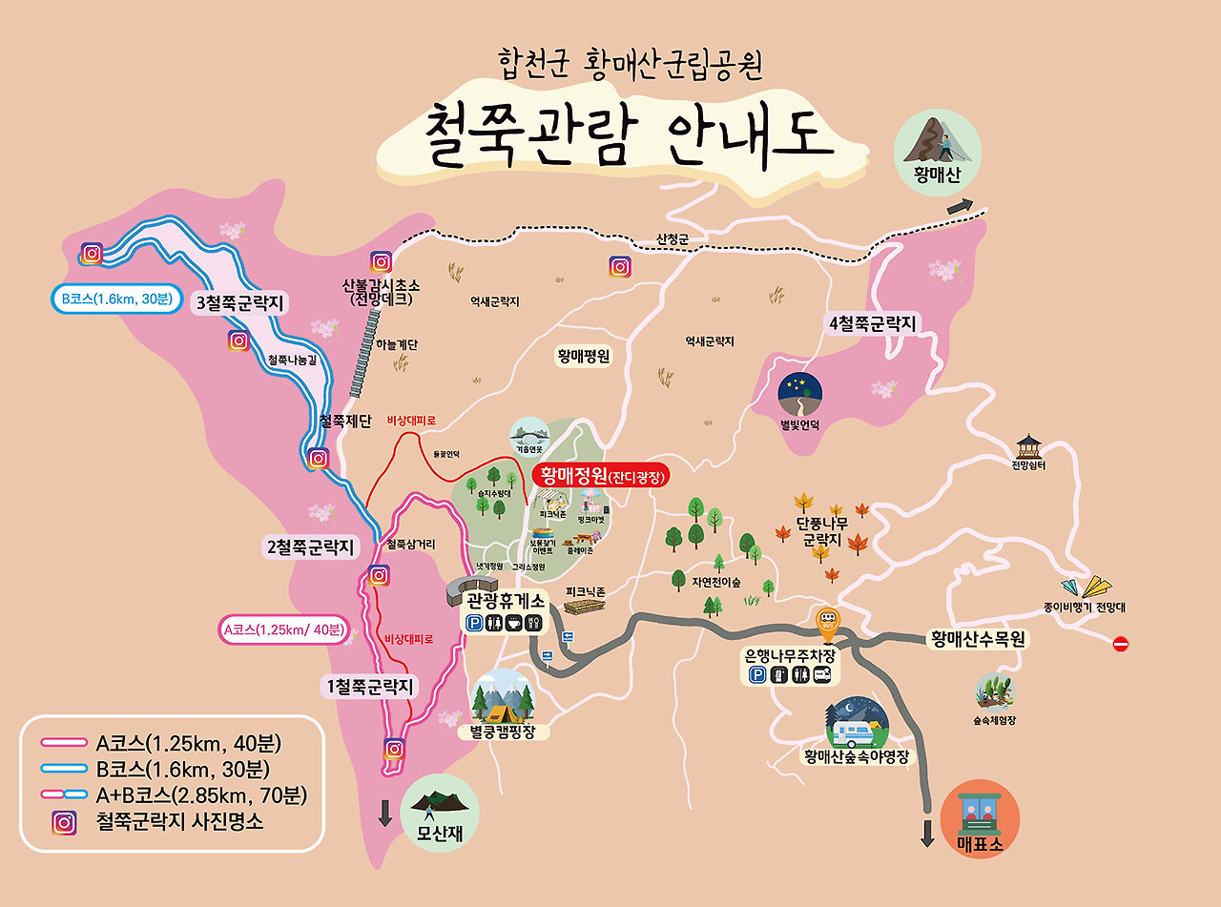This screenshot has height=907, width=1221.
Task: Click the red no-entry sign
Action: (x=1121, y=645)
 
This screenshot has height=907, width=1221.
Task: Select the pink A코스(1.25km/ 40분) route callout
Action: (x=283, y=630)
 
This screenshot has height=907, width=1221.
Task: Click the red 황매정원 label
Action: (x=602, y=475)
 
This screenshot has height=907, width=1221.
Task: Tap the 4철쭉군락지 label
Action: (x=872, y=324)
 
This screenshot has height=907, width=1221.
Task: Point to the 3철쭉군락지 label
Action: (x=241, y=303)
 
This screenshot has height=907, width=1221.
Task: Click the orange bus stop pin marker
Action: (x=827, y=624)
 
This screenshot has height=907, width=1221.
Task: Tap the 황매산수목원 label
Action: (x=978, y=640)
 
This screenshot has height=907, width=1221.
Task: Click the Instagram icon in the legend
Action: (x=64, y=822)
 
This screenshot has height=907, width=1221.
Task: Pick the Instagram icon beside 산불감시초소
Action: (x=381, y=261)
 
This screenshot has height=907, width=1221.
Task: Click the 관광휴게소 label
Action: (x=506, y=601)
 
